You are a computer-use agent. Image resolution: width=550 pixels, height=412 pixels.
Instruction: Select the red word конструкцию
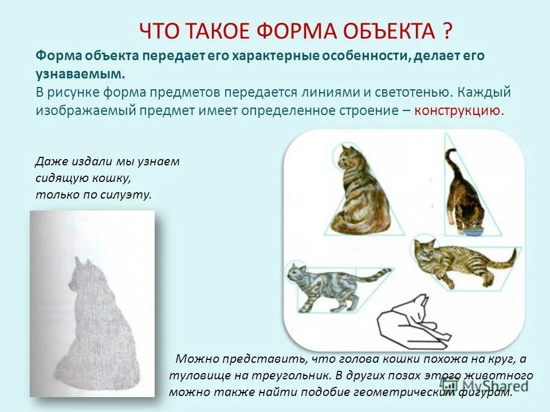tap(459, 110)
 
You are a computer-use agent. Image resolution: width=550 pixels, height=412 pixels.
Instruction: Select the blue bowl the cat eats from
tap(474, 232)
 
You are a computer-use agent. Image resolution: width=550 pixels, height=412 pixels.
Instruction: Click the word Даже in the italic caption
tap(49, 162)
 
